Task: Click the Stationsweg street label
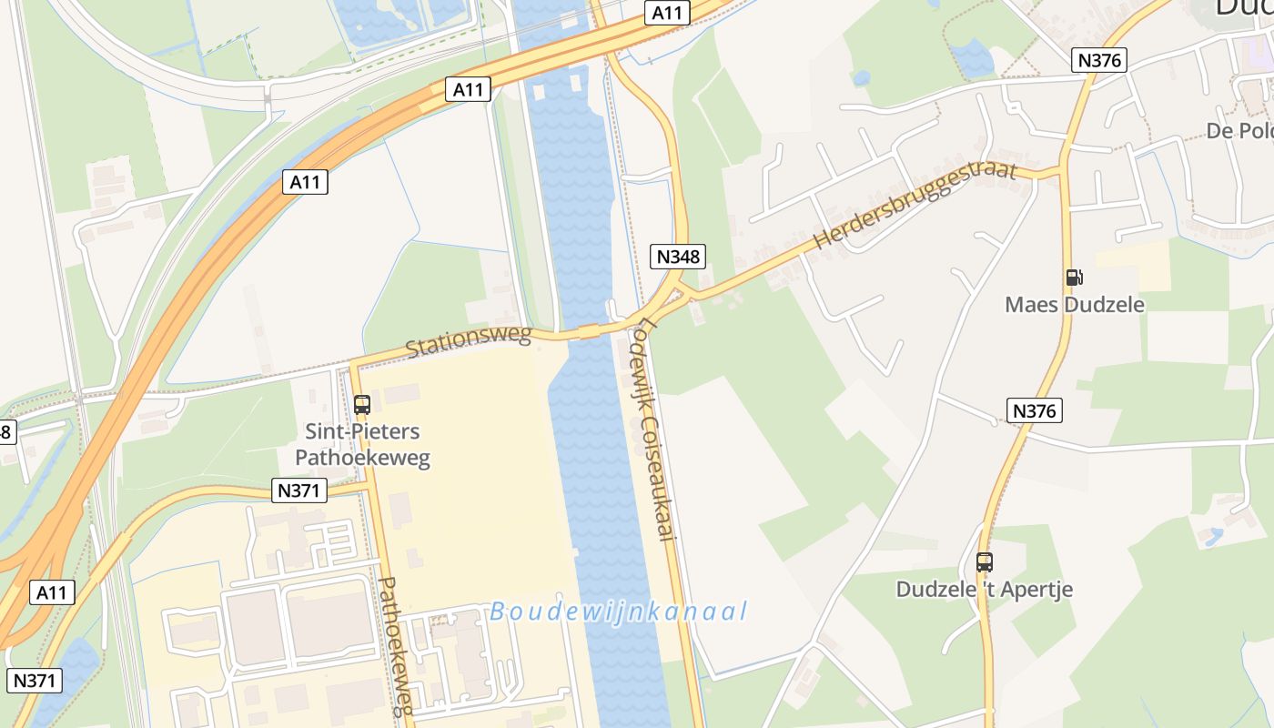[468, 341]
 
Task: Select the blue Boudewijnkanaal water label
[618, 612]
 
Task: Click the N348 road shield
[679, 257]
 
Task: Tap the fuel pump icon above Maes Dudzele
[1074, 278]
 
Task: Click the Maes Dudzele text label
[1074, 304]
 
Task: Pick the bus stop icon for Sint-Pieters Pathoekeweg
[362, 405]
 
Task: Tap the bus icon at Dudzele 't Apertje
[984, 562]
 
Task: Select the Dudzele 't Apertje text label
[984, 589]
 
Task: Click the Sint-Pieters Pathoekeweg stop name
[362, 443]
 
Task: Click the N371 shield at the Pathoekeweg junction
[299, 490]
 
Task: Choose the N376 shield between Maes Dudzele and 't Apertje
[1035, 410]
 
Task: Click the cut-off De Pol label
[1239, 131]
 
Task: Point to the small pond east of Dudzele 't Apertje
[1212, 538]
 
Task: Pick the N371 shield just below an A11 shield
[35, 680]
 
